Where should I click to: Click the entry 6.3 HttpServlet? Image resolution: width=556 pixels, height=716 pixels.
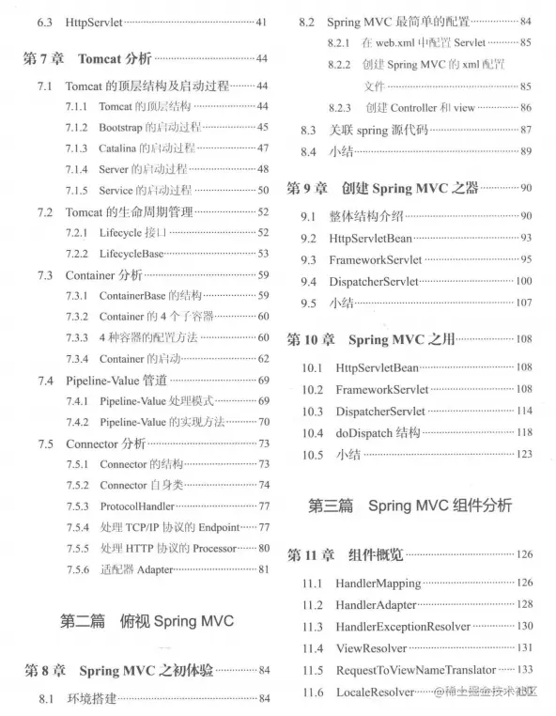(x=94, y=21)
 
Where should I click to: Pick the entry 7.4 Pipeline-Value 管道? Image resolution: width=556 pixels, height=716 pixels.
(x=116, y=381)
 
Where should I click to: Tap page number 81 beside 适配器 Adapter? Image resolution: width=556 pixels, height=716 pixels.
(x=264, y=568)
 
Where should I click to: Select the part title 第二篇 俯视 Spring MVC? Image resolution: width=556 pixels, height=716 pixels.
(x=146, y=621)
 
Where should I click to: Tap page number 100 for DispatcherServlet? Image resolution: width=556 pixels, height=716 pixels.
(x=523, y=281)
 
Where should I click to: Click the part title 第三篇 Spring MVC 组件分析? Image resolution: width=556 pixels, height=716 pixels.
(x=410, y=506)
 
